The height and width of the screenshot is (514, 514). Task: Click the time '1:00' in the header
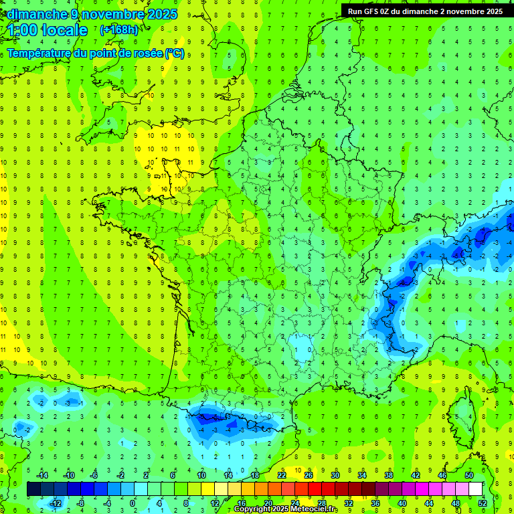pos(22,30)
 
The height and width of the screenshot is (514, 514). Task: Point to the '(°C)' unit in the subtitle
pos(175,53)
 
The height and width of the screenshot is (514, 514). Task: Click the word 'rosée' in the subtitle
pos(147,53)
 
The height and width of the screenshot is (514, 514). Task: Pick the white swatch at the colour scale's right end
pos(475,489)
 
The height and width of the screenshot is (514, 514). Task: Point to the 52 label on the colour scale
pos(483,503)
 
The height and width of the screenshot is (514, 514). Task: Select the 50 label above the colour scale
pos(469,475)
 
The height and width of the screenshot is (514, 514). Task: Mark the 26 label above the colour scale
pos(309,475)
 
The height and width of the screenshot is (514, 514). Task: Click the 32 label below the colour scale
pos(349,503)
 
